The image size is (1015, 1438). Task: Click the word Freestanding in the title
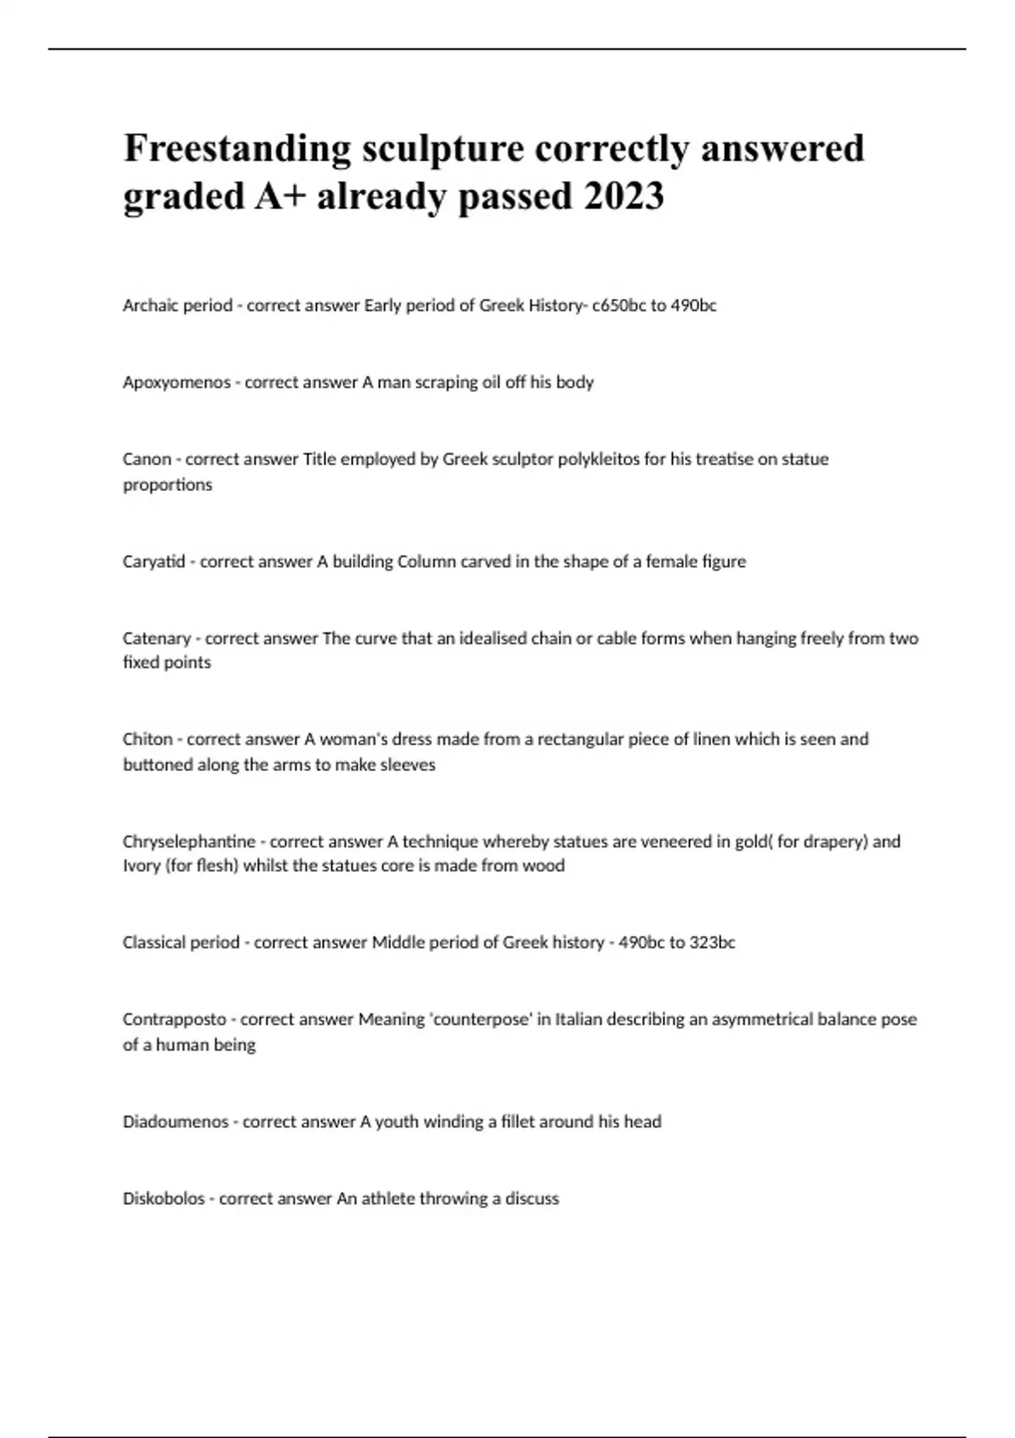coord(237,149)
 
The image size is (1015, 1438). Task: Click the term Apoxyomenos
coord(176,382)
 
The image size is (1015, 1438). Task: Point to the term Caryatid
coord(153,562)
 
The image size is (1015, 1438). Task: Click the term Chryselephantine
coord(189,842)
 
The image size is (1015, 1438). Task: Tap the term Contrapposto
coord(174,1019)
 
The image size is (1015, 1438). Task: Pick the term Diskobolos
coord(163,1199)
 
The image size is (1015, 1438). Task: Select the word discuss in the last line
coord(531,1199)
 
